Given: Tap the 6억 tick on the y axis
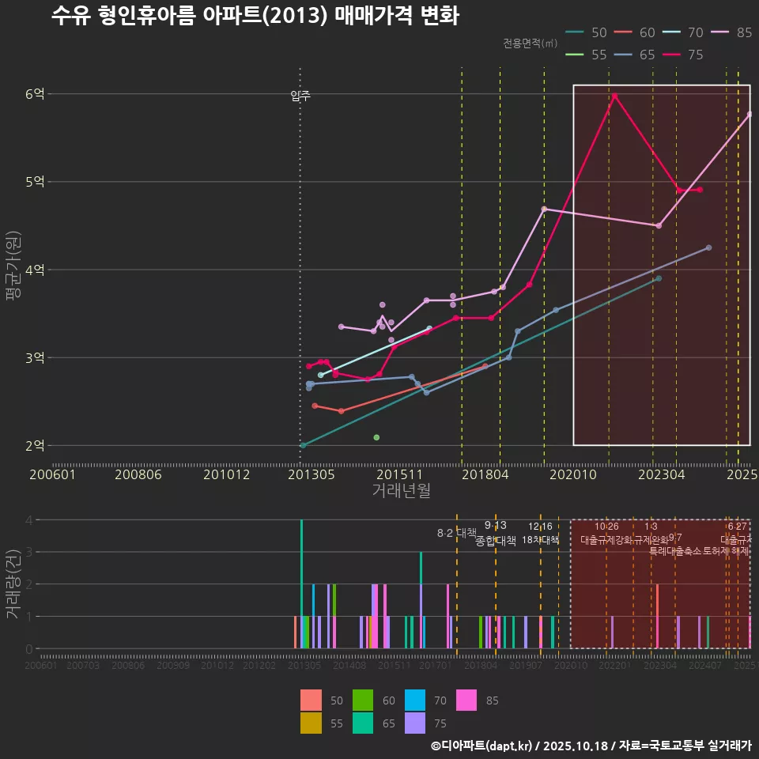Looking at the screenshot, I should [x=35, y=94].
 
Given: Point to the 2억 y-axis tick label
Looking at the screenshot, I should [x=35, y=446].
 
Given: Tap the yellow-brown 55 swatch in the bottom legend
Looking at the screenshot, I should [x=312, y=723].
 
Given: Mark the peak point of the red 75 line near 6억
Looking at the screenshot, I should [x=614, y=96].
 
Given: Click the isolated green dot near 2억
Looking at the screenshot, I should [x=376, y=437].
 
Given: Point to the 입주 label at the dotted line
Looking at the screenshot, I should [x=300, y=96].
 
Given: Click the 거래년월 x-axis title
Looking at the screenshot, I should [x=401, y=491].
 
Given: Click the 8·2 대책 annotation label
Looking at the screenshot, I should [x=456, y=533].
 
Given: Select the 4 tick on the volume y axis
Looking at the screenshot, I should [x=28, y=520].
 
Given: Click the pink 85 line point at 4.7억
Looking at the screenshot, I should [x=544, y=209].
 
